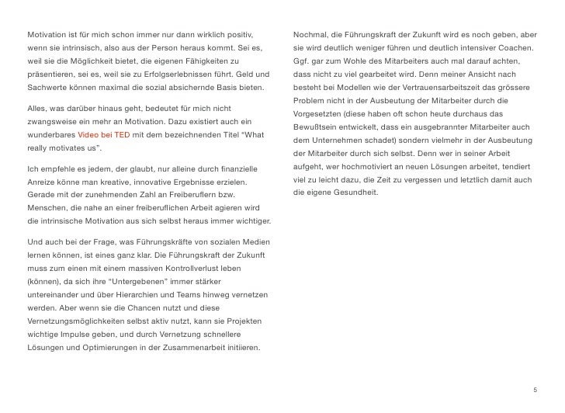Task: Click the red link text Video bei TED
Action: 106,134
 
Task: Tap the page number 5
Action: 535,390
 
